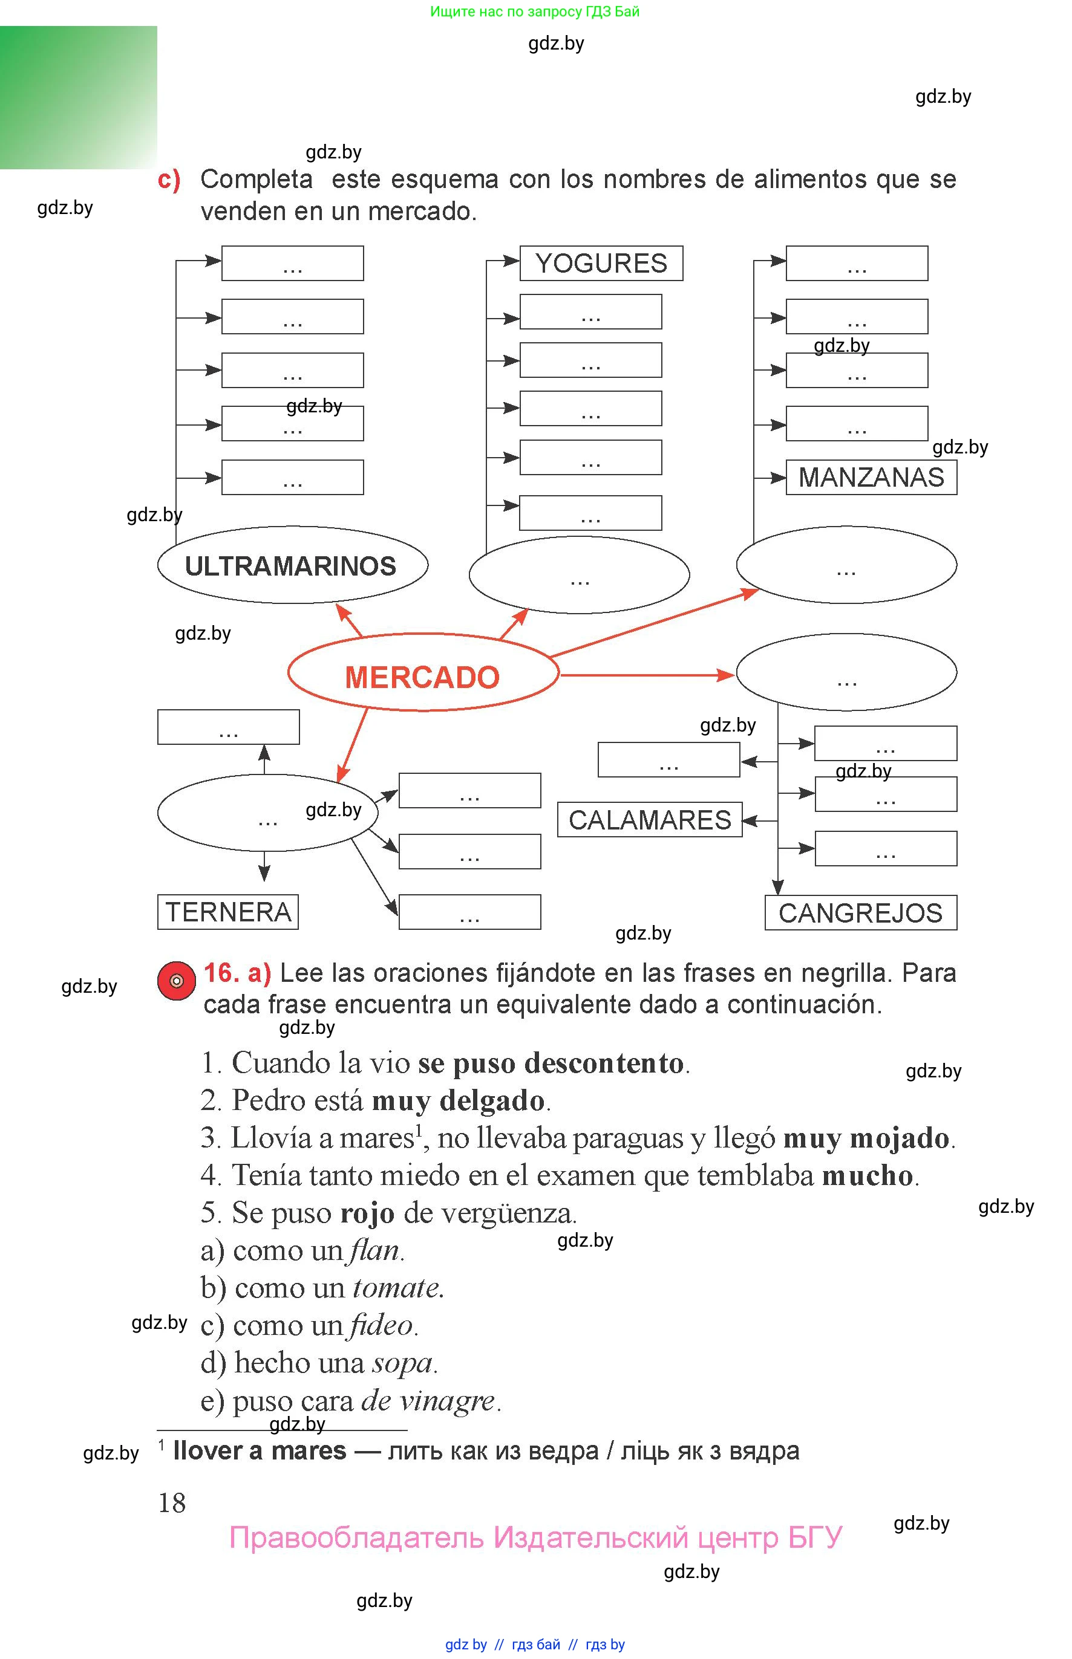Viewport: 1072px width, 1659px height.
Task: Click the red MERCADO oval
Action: pos(422,673)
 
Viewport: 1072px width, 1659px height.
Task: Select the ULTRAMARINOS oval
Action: pos(292,565)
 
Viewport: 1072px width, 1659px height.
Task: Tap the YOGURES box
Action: pos(601,263)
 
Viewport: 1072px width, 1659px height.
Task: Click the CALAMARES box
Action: pos(650,819)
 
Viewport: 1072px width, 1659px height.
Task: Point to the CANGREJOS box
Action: pos(860,912)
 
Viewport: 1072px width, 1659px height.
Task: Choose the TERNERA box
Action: pos(227,911)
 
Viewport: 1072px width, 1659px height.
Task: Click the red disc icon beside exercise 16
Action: pos(176,980)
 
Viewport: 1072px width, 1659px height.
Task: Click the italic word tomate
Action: pos(397,1288)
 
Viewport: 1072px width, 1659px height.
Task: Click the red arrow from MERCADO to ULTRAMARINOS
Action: pos(350,619)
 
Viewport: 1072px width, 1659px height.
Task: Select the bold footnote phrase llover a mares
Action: pos(260,1450)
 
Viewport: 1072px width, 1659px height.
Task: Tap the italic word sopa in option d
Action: pos(402,1363)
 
